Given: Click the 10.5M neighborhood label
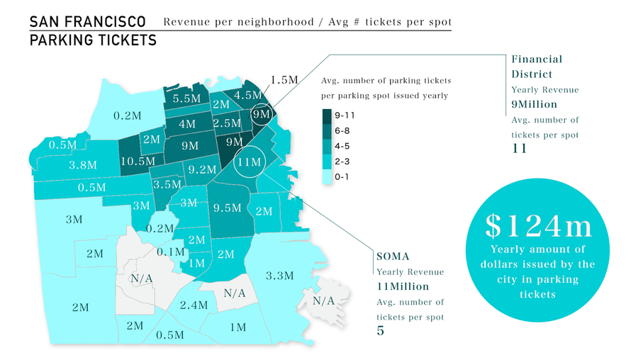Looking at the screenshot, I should pyautogui.click(x=138, y=161).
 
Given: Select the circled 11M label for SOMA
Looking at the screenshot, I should pyautogui.click(x=250, y=162).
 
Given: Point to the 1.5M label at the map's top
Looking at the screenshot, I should pyautogui.click(x=284, y=79).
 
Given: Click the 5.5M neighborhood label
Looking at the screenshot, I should pyautogui.click(x=186, y=99).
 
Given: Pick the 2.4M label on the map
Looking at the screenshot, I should pyautogui.click(x=194, y=305).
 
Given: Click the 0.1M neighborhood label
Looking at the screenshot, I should pyautogui.click(x=172, y=252).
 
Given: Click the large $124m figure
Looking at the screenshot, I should pyautogui.click(x=539, y=225).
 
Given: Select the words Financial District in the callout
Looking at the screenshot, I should pyautogui.click(x=537, y=67).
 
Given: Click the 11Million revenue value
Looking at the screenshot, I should pyautogui.click(x=403, y=286).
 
